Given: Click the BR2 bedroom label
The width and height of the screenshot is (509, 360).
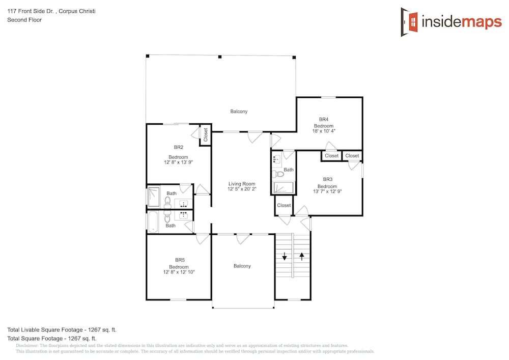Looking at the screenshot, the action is tap(179, 147).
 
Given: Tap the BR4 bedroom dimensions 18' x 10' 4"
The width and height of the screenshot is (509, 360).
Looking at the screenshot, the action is tap(324, 131).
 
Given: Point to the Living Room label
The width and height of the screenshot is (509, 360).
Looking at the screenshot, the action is tap(242, 184).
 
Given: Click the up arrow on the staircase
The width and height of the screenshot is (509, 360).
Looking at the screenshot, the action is tap(302, 257).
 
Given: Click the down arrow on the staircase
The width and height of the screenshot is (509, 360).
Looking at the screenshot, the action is tap(285, 257).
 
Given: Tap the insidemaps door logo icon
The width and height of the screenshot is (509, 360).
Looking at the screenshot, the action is tap(409, 22).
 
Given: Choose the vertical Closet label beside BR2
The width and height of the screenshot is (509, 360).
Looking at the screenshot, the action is tap(206, 135).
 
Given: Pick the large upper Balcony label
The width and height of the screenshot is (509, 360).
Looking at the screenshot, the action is tap(239, 112).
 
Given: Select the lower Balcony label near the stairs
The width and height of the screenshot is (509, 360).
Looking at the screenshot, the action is tap(242, 266).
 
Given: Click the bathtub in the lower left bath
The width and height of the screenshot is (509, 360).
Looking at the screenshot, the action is tap(153, 222).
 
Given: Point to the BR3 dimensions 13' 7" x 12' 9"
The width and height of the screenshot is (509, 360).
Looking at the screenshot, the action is tap(327, 191).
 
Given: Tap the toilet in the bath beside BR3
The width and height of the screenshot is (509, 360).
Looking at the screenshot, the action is tap(278, 174).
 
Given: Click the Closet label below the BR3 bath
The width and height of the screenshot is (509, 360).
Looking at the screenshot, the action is tap(284, 205).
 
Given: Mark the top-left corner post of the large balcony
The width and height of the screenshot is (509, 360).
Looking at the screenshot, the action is tap(148, 56).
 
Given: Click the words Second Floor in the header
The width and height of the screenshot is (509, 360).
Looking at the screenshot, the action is tap(24, 20).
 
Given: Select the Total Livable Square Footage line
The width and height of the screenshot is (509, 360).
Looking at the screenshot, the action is tap(62, 330).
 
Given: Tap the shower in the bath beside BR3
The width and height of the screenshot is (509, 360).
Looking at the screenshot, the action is tap(284, 187).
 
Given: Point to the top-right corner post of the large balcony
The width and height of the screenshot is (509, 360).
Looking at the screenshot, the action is tap(294, 58).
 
